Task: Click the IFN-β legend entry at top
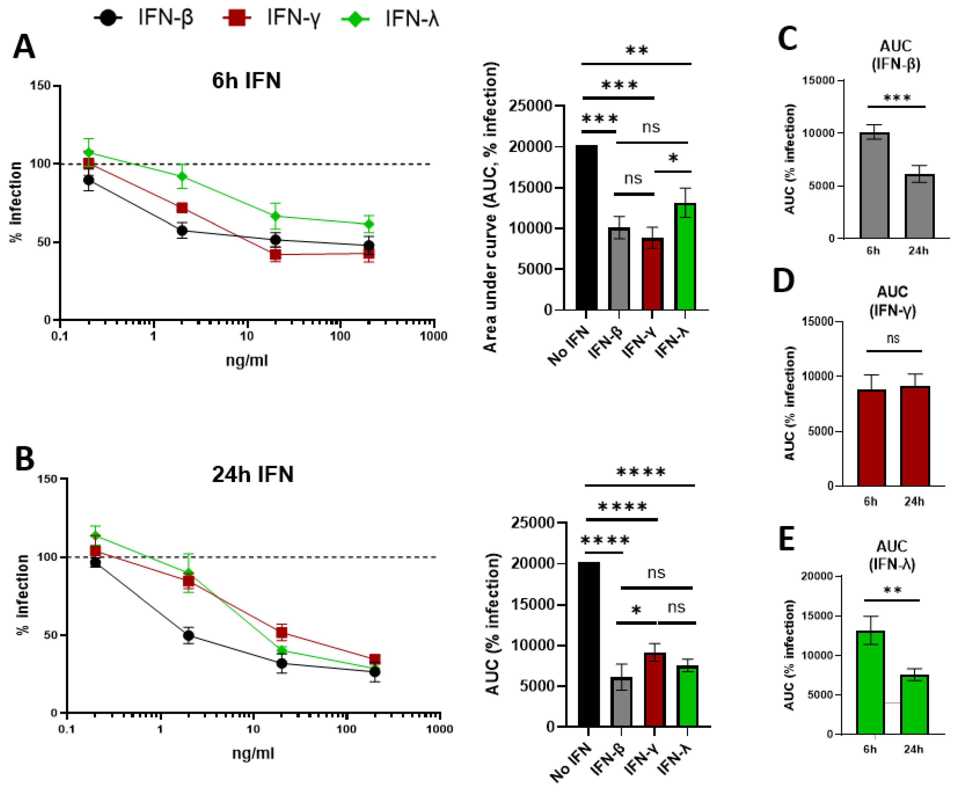[x=144, y=18]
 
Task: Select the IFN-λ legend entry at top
[x=390, y=19]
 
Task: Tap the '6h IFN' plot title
[x=246, y=81]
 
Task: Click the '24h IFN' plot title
[x=252, y=474]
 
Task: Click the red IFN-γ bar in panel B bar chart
[x=655, y=689]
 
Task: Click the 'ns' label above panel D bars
[x=893, y=339]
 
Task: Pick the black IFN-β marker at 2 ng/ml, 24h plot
[x=188, y=635]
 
